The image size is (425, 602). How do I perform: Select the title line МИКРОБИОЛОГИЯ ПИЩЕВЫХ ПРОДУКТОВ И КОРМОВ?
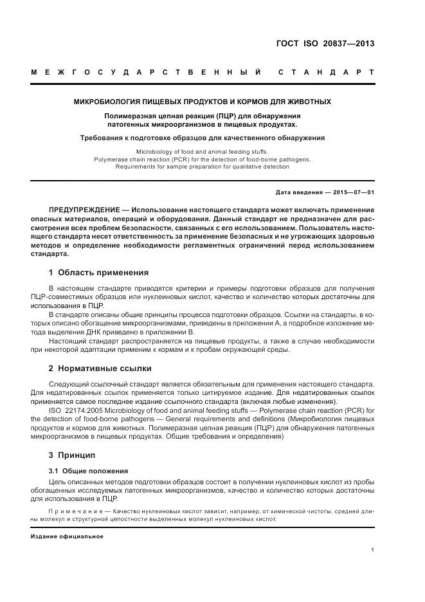click(x=202, y=102)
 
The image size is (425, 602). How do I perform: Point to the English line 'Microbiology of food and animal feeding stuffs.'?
click(x=202, y=151)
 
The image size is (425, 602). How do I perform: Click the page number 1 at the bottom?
click(x=372, y=550)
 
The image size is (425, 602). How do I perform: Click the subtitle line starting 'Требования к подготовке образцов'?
click(x=202, y=138)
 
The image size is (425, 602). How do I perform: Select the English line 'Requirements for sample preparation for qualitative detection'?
click(x=202, y=167)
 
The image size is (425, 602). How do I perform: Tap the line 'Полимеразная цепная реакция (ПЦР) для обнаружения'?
click(x=202, y=116)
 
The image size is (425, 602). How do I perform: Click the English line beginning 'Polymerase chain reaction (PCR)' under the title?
click(x=202, y=159)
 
